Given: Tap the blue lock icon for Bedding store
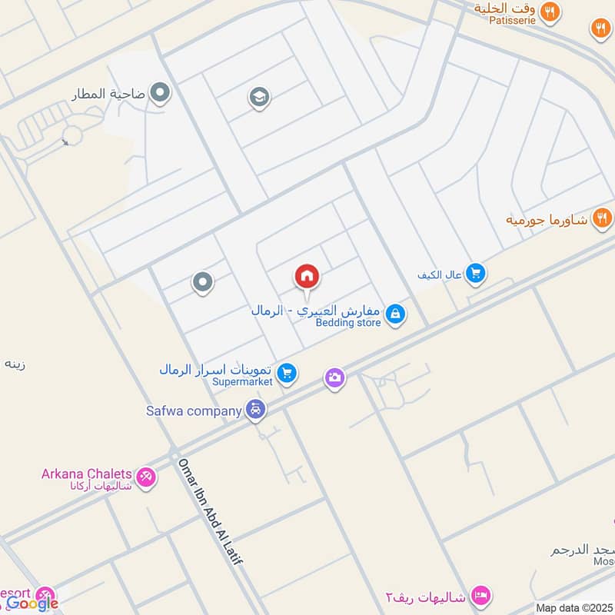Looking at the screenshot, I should tap(395, 314).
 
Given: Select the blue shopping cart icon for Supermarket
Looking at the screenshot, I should tap(288, 373).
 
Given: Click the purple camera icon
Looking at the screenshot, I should tap(334, 377).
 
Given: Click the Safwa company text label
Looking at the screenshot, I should tap(194, 411).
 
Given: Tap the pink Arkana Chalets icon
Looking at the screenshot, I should tap(145, 477).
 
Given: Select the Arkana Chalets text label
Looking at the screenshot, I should tap(86, 474).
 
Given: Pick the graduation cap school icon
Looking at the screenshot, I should tap(258, 97).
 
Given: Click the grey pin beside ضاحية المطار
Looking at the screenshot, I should tap(160, 94).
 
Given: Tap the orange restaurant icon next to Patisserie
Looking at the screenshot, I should tap(549, 11).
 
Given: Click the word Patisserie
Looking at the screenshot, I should tap(513, 20).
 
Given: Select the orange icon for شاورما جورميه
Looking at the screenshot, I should tap(601, 218).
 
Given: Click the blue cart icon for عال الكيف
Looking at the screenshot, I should tap(476, 273).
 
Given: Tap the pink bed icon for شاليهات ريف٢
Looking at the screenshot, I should tap(482, 595).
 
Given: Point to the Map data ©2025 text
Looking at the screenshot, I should tap(575, 608).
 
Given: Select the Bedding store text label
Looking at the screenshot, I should tap(348, 323).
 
